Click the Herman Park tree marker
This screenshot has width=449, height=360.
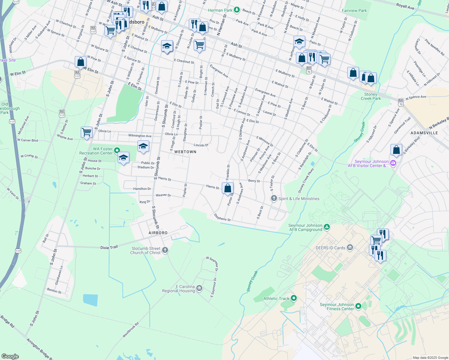pyautogui.click(x=237, y=10)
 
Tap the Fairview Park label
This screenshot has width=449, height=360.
pyautogui.click(x=354, y=10)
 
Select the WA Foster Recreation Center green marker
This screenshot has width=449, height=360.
pyautogui.click(x=117, y=150)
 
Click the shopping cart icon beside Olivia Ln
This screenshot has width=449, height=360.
pyautogui.click(x=86, y=132)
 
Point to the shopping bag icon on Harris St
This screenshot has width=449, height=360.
pyautogui.click(x=228, y=188)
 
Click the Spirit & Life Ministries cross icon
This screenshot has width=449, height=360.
pyautogui.click(x=274, y=198)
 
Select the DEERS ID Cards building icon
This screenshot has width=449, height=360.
pyautogui.click(x=350, y=247)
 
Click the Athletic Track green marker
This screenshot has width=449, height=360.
pyautogui.click(x=294, y=298)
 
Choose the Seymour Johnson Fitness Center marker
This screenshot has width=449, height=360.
pyautogui.click(x=358, y=306)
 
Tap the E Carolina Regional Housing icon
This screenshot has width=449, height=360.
pyautogui.click(x=199, y=289)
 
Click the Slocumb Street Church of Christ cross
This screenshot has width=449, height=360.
pyautogui.click(x=165, y=250)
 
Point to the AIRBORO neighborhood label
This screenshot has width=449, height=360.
pyautogui.click(x=158, y=233)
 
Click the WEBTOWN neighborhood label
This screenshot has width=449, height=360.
pyautogui.click(x=185, y=152)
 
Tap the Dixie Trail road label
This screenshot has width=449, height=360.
pyautogui.click(x=109, y=247)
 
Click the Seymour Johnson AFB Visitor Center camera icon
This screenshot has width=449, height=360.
pyautogui.click(x=393, y=163)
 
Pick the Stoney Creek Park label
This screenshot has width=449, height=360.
pyautogui.click(x=371, y=96)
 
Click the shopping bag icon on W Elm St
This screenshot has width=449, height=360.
pyautogui.click(x=80, y=62)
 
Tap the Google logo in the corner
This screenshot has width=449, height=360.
pyautogui.click(x=10, y=356)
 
